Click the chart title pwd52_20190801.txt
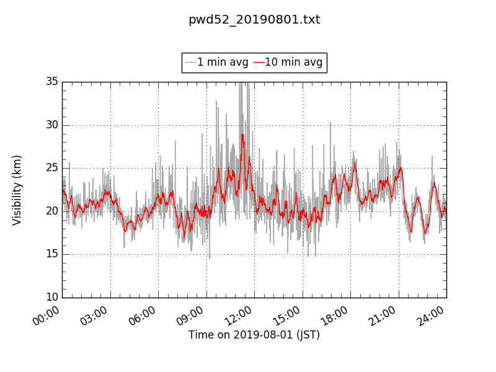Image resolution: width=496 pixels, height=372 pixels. [254, 20]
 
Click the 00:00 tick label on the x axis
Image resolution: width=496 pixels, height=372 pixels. [47, 314]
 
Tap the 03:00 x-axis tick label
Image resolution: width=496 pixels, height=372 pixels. [95, 314]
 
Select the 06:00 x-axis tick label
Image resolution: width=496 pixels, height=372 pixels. [143, 314]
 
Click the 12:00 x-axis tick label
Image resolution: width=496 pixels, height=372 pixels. [239, 314]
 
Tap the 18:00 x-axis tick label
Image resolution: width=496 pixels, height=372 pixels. [335, 314]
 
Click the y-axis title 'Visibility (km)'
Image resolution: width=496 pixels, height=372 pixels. [17, 190]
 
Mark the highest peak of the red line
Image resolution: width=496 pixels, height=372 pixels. [242, 135]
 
